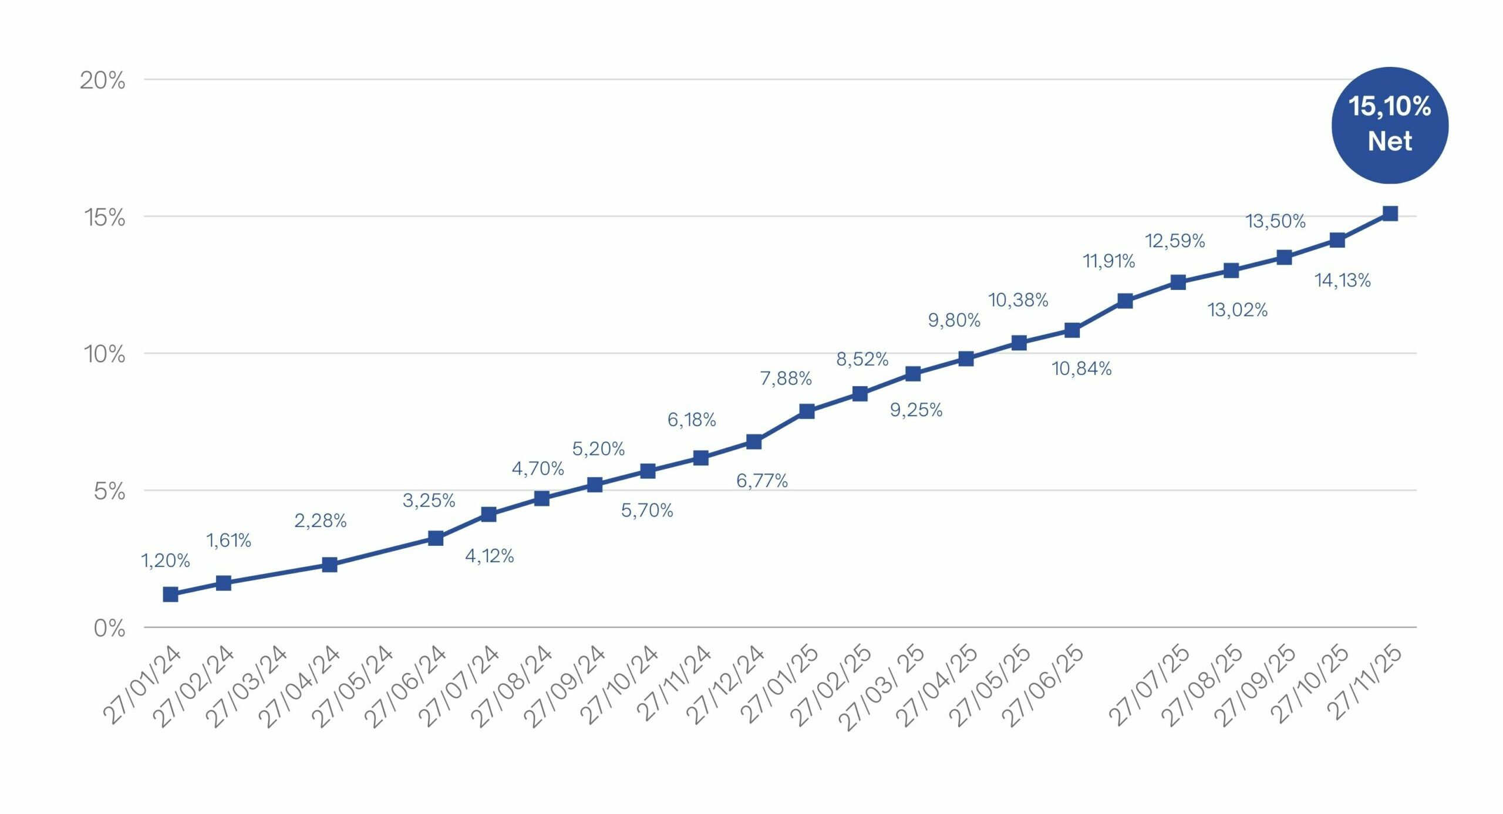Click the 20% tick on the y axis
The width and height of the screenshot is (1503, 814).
103,80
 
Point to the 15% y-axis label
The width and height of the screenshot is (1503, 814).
105,218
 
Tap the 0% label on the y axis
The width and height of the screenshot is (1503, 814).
109,629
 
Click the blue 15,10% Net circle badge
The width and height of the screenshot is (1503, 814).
1389,125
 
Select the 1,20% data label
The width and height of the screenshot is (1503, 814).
166,561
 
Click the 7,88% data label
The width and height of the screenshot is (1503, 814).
786,379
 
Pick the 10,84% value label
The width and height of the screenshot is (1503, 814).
1081,369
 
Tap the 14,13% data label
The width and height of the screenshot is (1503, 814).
1342,281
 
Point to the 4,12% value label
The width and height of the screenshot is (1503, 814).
489,556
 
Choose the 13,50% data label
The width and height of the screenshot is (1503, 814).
1275,221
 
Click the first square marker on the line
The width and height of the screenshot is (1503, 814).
170,595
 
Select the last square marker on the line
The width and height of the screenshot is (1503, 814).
1390,213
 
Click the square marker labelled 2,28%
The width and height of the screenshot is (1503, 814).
329,565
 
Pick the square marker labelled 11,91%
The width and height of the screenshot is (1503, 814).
1125,301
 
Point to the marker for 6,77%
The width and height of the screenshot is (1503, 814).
754,441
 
